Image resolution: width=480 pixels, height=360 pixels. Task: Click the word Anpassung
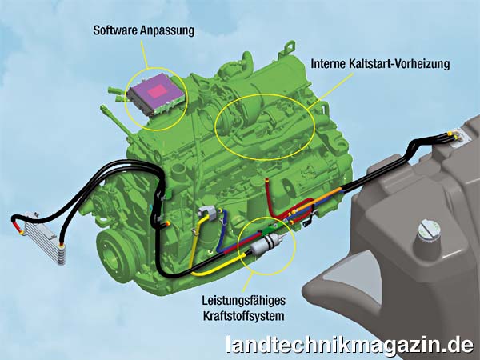click(167, 31)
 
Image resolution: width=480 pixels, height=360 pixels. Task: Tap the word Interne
click(328, 64)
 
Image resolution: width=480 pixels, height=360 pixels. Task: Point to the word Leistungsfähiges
click(243, 301)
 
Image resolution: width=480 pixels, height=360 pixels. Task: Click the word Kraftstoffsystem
click(243, 316)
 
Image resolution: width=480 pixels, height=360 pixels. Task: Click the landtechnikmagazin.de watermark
click(350, 346)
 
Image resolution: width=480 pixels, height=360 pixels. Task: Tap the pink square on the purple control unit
click(157, 91)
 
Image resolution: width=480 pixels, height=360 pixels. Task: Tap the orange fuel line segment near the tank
click(318, 199)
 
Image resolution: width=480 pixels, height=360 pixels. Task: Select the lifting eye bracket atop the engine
click(287, 49)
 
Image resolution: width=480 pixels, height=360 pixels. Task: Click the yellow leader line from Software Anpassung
click(144, 54)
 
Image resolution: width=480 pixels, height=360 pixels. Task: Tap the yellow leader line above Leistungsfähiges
click(248, 282)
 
